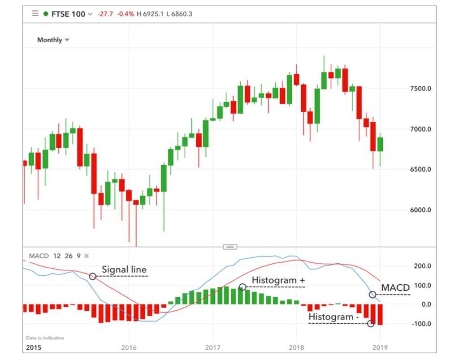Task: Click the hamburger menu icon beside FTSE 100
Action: (x=35, y=13)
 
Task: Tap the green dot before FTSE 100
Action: (x=46, y=14)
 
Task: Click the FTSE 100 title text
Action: (x=68, y=14)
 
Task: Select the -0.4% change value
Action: (x=126, y=14)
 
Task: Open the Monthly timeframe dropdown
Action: (x=53, y=40)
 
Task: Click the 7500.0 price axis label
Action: (x=420, y=89)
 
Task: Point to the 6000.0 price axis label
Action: (x=420, y=210)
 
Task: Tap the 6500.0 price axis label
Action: (x=420, y=169)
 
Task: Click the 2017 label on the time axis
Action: (x=212, y=347)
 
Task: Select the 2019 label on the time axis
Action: (x=380, y=347)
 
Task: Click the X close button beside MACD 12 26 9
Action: (x=87, y=256)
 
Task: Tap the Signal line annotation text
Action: (x=124, y=270)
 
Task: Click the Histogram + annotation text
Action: (x=278, y=280)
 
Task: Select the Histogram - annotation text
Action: (x=333, y=317)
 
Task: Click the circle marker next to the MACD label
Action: (x=372, y=295)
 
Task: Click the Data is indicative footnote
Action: (x=45, y=338)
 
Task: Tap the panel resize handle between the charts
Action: (x=229, y=247)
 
